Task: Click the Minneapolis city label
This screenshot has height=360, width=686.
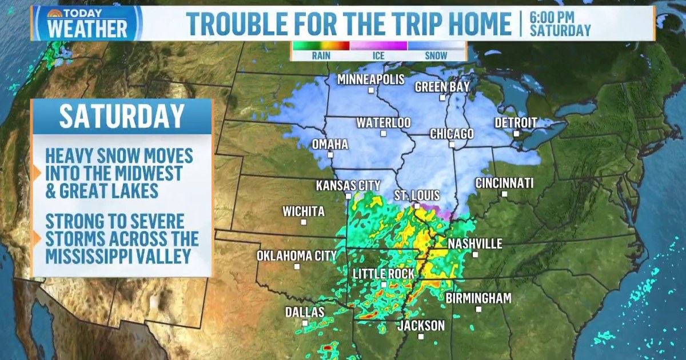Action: point(370,79)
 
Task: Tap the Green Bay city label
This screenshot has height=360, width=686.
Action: point(442,87)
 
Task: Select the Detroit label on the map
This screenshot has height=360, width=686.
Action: point(516,122)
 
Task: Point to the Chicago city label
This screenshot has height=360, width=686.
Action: point(452,134)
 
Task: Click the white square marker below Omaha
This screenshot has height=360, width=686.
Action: point(330,155)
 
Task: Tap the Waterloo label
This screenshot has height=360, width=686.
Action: point(384,123)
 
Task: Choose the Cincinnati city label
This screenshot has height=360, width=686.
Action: point(504,183)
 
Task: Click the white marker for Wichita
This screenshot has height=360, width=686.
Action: point(304,222)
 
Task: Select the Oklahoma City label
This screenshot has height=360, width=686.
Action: point(297,255)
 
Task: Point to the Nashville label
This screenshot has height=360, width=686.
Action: point(475,244)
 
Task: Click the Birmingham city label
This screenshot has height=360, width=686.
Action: point(478,298)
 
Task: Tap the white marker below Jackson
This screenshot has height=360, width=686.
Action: point(421,337)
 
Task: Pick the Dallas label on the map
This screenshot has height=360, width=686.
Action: point(305,312)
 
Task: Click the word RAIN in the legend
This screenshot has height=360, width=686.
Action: point(321,56)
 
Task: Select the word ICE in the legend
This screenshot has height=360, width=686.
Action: point(378,56)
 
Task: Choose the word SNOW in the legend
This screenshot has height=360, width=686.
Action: point(436,56)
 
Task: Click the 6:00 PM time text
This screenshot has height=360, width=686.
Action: point(552,17)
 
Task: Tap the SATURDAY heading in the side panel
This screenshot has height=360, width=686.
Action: point(122,116)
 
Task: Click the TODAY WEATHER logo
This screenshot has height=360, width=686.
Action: point(87,23)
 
